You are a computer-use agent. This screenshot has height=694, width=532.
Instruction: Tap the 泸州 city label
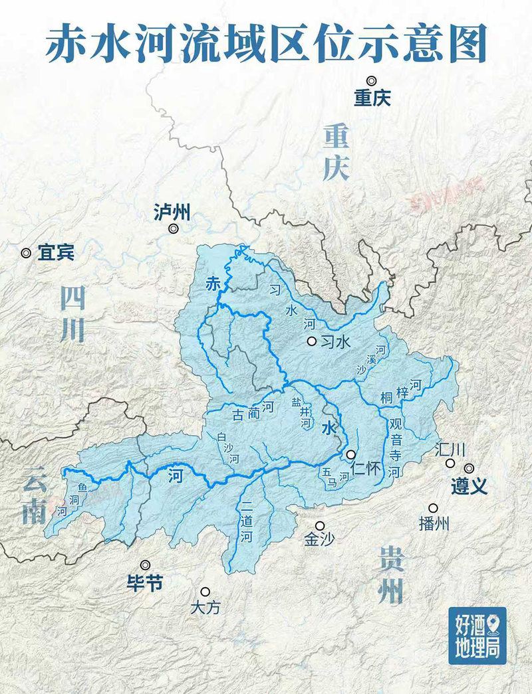tap(172, 213)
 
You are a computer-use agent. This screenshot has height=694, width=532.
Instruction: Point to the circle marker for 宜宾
tap(26, 253)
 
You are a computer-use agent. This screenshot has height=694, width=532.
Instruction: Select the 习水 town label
tap(335, 342)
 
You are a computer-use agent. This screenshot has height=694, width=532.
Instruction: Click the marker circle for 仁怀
tap(350, 454)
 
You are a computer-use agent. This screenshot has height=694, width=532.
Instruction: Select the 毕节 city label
tap(144, 583)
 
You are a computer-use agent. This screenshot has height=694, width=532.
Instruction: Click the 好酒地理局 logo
tap(477, 635)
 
